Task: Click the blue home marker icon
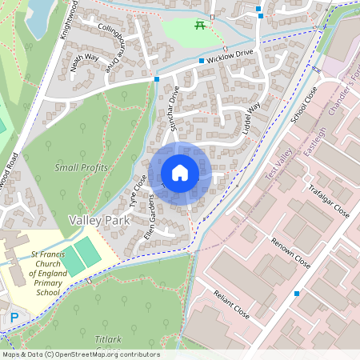180,173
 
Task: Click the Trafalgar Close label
329,199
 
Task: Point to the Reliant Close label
231,304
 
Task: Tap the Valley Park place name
99,219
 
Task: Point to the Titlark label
107,340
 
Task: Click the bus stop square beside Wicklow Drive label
201,60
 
